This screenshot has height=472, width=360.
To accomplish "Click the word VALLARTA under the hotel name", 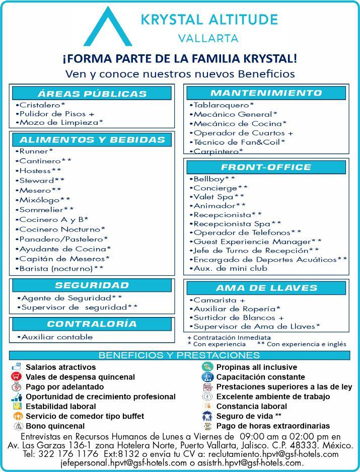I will pyautogui.click(x=208, y=38).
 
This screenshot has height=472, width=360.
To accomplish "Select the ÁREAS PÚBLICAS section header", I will pyautogui.click(x=92, y=94).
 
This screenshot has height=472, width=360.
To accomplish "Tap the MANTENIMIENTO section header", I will pyautogui.click(x=266, y=93).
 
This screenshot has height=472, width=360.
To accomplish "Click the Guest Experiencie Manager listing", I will pyautogui.click(x=255, y=241).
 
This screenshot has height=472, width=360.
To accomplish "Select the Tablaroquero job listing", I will pyautogui.click(x=222, y=105).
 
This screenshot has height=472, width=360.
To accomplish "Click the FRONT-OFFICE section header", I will pyautogui.click(x=266, y=167).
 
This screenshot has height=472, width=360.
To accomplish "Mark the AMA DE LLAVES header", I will pyautogui.click(x=266, y=288).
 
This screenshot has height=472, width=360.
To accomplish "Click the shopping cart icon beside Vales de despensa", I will pyautogui.click(x=17, y=377).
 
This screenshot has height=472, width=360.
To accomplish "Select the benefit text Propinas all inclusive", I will pyautogui.click(x=256, y=367).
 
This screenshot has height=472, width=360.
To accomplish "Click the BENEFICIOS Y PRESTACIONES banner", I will pyautogui.click(x=180, y=355).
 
